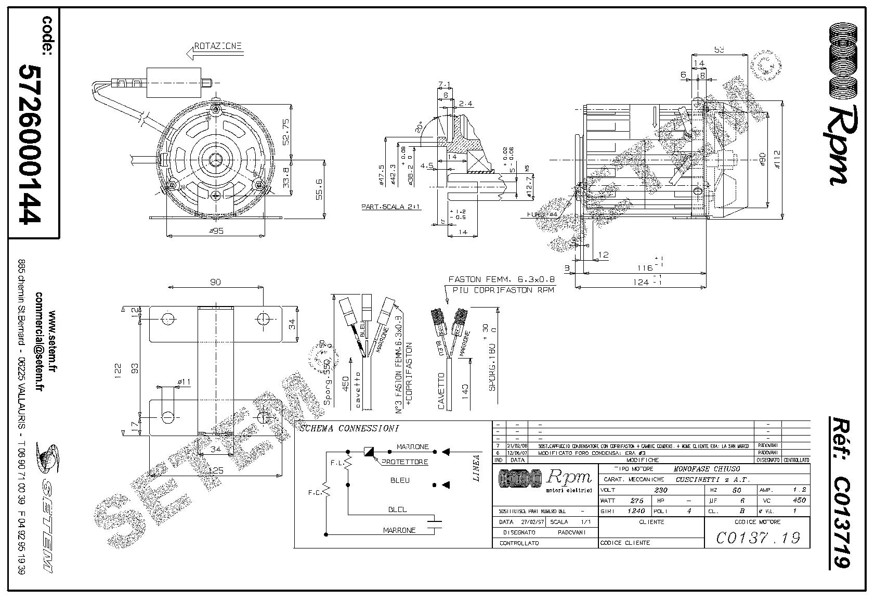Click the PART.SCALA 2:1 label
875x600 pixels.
click(391, 207)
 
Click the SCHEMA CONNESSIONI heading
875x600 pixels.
click(349, 429)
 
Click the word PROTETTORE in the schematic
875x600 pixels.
click(405, 462)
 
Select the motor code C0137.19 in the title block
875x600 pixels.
click(758, 538)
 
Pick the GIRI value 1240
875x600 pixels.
click(636, 510)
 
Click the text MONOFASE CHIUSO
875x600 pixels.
click(707, 469)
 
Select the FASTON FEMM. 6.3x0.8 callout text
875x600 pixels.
click(493, 279)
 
